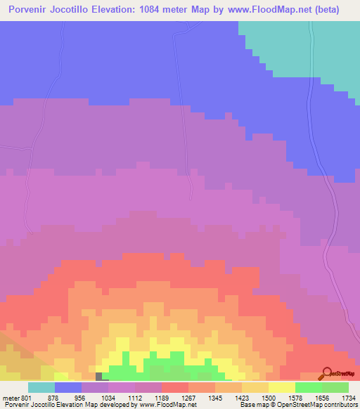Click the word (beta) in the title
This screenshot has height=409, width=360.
point(337,10)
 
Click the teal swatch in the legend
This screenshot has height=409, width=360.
point(41,387)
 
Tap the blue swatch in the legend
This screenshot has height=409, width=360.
point(68,387)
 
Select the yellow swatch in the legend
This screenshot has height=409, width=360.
point(281,387)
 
